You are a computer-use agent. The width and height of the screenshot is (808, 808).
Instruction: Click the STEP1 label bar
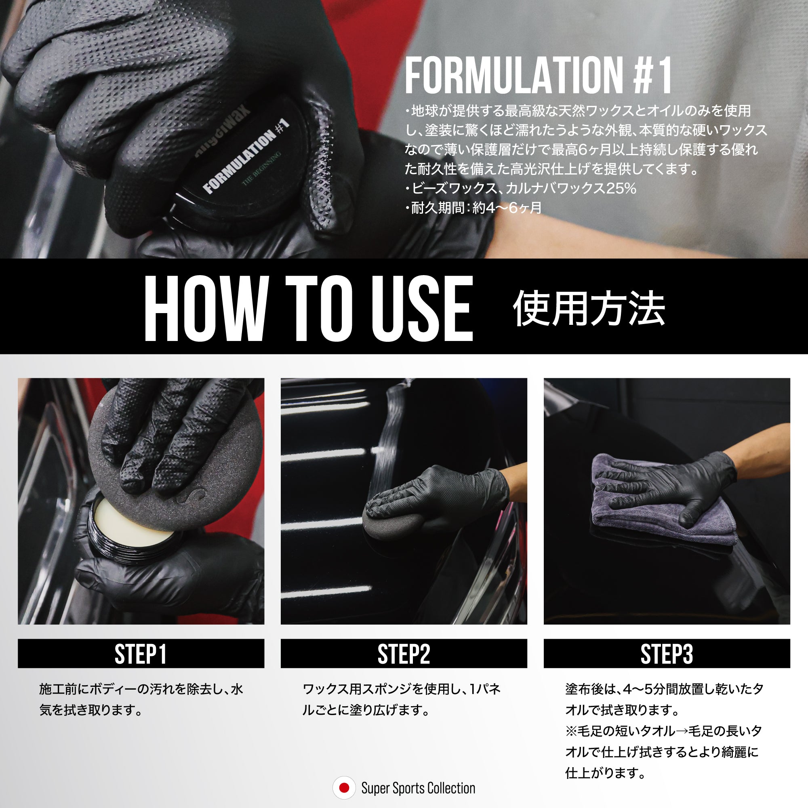[x=141, y=654]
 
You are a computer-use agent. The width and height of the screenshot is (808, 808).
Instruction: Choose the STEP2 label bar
[x=404, y=654]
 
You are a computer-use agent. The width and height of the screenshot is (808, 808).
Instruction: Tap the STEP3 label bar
[x=667, y=654]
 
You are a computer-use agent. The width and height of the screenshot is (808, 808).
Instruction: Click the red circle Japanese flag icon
[x=344, y=788]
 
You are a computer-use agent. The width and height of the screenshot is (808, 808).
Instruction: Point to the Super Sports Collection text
[x=418, y=788]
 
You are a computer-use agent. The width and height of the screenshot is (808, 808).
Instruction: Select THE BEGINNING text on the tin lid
[x=262, y=169]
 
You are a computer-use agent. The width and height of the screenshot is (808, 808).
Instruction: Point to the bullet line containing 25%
[x=521, y=189]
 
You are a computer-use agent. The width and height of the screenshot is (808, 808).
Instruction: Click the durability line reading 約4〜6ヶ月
[x=473, y=208]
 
